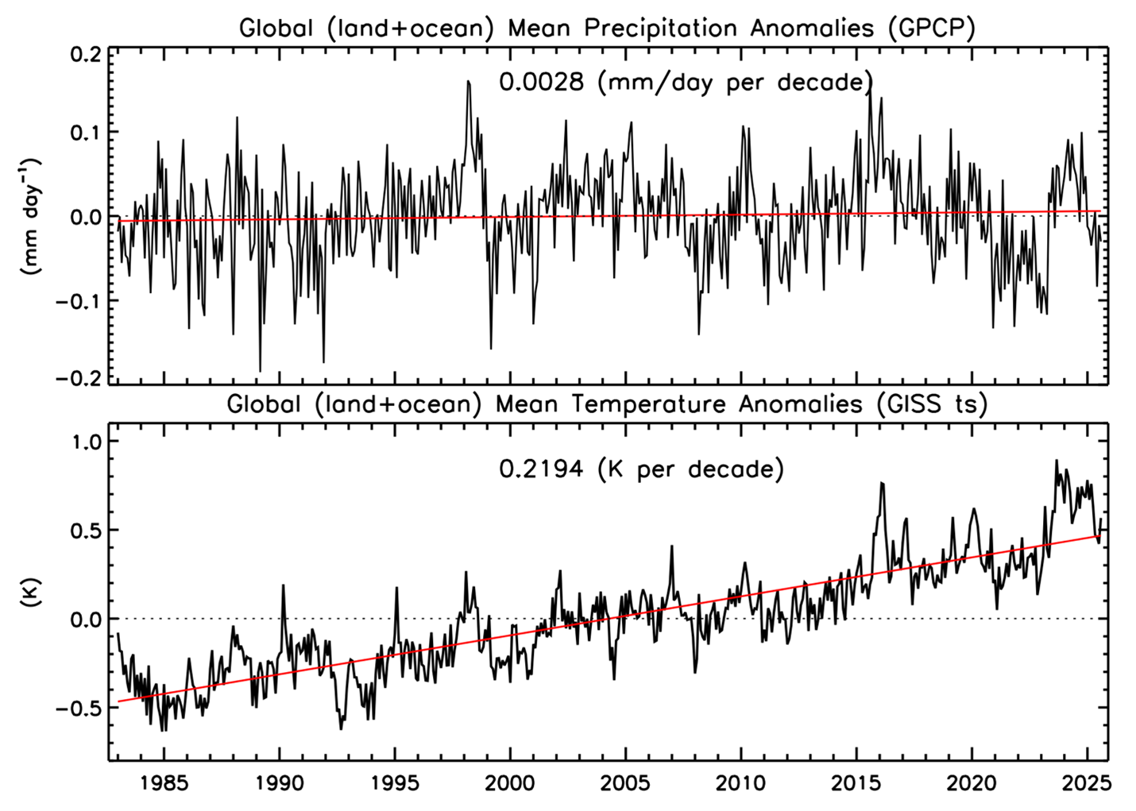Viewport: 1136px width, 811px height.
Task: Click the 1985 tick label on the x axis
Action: [164, 785]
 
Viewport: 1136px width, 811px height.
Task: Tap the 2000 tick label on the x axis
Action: [509, 785]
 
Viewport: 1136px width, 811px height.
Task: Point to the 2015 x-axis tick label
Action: [856, 785]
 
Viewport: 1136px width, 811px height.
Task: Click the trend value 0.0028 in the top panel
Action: [544, 83]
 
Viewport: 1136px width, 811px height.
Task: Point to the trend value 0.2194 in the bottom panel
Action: [544, 469]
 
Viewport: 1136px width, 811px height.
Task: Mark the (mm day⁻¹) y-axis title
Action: [30, 216]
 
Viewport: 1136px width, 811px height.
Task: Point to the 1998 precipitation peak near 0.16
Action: [468, 81]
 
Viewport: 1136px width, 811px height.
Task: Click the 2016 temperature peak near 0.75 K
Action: [881, 483]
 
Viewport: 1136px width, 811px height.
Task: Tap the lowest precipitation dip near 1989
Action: [260, 371]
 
